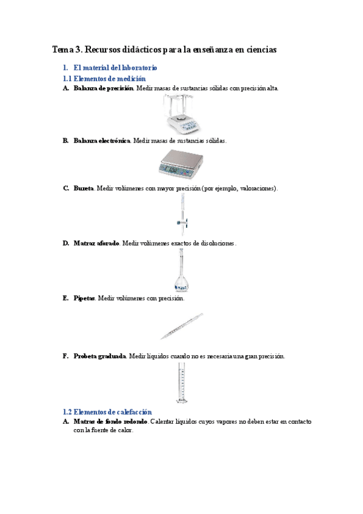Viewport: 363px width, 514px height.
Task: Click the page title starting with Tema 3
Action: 164,50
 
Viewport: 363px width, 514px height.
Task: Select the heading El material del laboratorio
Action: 115,68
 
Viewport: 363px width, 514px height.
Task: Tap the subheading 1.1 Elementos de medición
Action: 104,79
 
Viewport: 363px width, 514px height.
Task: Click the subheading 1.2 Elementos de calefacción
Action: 107,412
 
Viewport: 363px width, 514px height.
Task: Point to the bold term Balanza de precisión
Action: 103,88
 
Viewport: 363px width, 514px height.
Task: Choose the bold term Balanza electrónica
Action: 101,141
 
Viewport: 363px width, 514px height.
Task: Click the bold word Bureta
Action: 84,189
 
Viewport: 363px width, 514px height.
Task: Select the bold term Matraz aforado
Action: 96,243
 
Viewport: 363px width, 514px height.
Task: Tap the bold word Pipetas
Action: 84,298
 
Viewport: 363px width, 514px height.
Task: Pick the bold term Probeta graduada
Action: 99,356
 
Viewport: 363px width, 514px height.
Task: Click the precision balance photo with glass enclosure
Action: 181,115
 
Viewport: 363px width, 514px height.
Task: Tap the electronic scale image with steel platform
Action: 181,163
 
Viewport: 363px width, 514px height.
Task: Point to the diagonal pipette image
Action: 182,326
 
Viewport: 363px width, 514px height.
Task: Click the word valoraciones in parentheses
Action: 253,189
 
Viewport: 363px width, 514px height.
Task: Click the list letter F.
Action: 65,356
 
